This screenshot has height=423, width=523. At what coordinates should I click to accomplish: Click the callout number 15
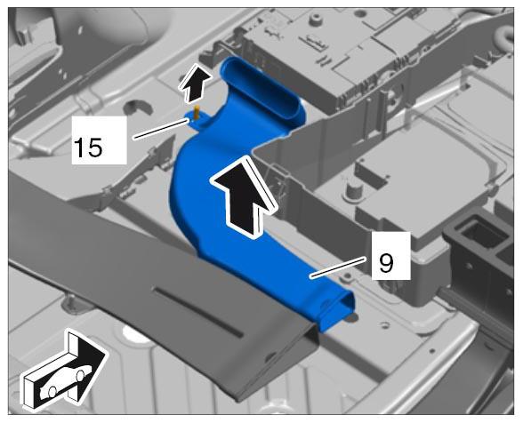pyautogui.click(x=88, y=148)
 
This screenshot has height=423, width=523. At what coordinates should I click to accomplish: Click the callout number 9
pyautogui.click(x=386, y=262)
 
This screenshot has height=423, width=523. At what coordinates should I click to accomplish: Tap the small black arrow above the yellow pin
pyautogui.click(x=195, y=83)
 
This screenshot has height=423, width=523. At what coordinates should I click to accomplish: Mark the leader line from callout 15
pyautogui.click(x=162, y=129)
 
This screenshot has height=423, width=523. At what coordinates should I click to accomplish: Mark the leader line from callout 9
pyautogui.click(x=339, y=267)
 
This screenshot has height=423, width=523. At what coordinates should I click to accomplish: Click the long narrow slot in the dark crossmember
pyautogui.click(x=198, y=311)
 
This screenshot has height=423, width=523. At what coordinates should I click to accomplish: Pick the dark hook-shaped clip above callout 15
pyautogui.click(x=137, y=108)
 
